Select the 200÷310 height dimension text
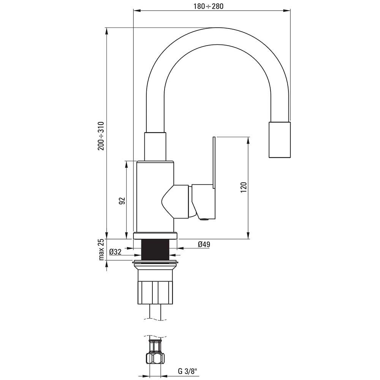click(x=101, y=136)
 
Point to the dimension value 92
click(x=122, y=201)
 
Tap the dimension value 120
click(x=244, y=187)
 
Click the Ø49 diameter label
click(x=204, y=245)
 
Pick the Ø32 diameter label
click(x=115, y=252)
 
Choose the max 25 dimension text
click(x=101, y=250)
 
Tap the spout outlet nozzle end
click(x=280, y=140)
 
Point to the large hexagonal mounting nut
click(x=155, y=292)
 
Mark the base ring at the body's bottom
click(x=155, y=235)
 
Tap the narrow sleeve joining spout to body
click(x=155, y=146)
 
